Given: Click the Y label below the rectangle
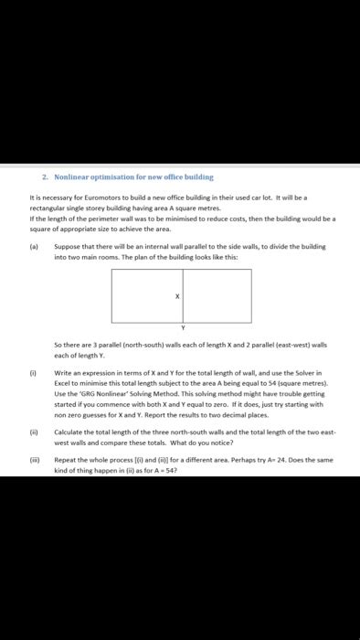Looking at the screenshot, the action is click(182, 326).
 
